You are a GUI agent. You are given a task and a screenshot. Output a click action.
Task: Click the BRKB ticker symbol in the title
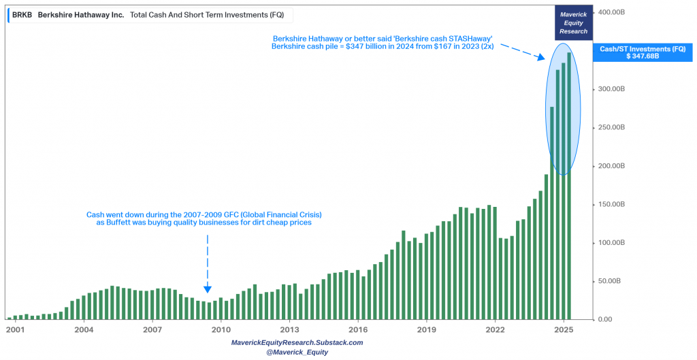22,14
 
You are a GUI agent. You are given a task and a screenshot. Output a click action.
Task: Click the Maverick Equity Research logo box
574,22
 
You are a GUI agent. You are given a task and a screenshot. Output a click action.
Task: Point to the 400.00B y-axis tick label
612,12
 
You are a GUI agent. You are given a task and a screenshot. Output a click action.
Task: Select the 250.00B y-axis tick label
612,128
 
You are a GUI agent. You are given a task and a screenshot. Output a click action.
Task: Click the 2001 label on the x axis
15,330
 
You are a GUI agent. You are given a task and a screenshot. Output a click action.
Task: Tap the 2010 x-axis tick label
221,330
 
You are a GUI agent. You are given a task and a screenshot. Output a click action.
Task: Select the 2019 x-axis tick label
426,330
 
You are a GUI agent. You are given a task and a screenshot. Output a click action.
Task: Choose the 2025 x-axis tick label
563,330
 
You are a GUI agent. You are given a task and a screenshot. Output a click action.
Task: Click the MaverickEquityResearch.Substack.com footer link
297,342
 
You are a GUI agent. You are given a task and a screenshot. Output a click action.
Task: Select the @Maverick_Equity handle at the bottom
297,352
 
